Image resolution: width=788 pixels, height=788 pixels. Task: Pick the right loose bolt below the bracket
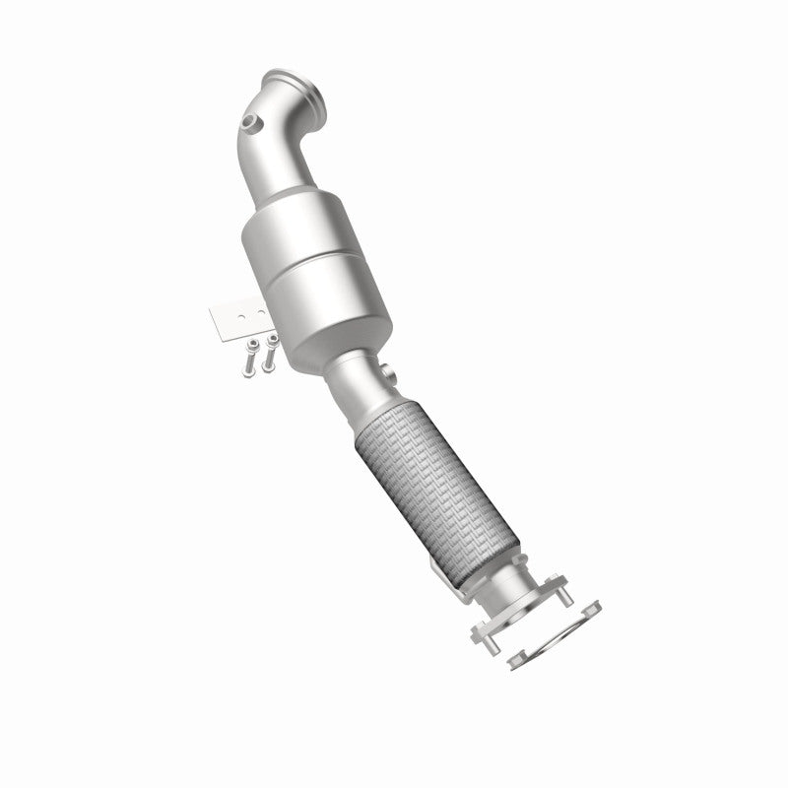point(268,354)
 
